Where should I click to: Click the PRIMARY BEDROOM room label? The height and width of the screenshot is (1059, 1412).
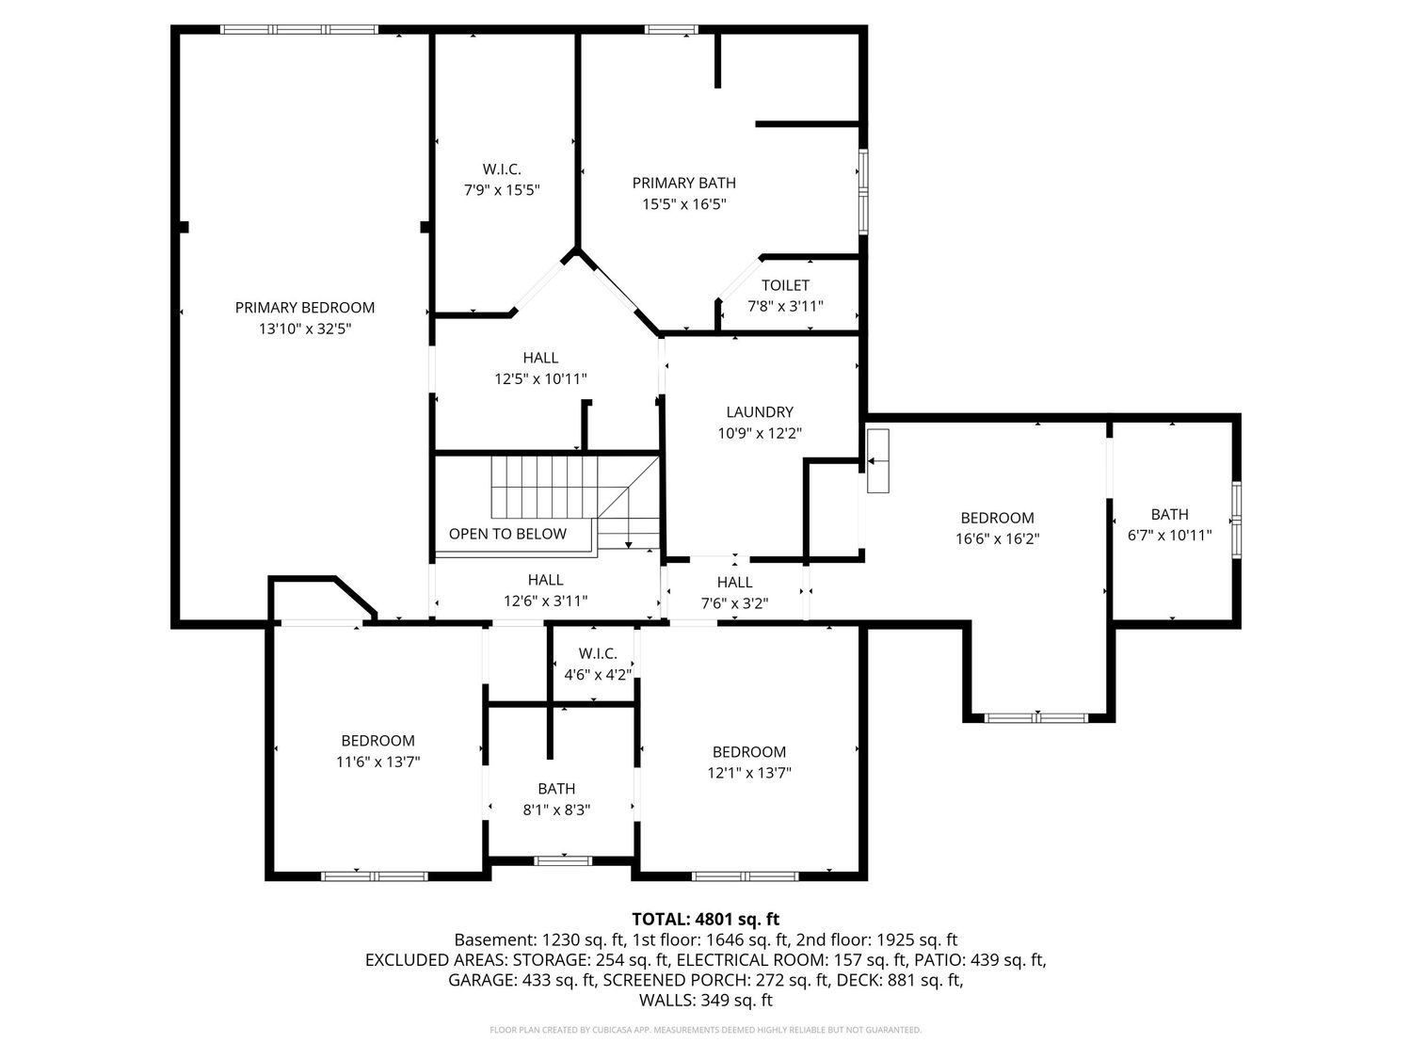(304, 308)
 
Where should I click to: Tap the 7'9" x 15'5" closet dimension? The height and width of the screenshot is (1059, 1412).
(502, 190)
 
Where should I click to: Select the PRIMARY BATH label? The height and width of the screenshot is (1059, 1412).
(683, 183)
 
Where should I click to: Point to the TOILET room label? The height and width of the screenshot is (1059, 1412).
(785, 285)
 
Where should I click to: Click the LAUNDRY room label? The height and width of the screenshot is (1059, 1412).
(760, 411)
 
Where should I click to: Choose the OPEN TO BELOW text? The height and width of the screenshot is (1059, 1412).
(507, 534)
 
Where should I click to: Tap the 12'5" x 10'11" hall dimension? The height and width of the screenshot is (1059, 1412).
(540, 378)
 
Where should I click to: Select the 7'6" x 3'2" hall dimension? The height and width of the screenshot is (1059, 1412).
(734, 603)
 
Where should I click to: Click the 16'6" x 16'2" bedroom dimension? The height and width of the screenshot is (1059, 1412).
(997, 538)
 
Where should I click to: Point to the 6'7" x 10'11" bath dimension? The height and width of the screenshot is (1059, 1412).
(1169, 535)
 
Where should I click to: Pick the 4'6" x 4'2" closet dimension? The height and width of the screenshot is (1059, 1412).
(599, 675)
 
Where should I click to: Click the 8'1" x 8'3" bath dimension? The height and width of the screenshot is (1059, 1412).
(556, 810)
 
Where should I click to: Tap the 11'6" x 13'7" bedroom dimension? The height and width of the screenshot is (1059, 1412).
(377, 762)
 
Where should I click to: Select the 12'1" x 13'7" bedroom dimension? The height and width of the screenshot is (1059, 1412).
(748, 772)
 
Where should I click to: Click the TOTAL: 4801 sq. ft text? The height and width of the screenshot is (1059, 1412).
(706, 919)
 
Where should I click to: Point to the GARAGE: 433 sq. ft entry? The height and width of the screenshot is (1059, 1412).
(521, 980)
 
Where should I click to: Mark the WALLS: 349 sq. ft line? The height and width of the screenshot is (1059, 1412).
(706, 1000)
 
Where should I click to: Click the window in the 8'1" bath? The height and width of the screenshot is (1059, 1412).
(564, 860)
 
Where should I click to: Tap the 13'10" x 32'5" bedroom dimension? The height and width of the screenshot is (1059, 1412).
(305, 329)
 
